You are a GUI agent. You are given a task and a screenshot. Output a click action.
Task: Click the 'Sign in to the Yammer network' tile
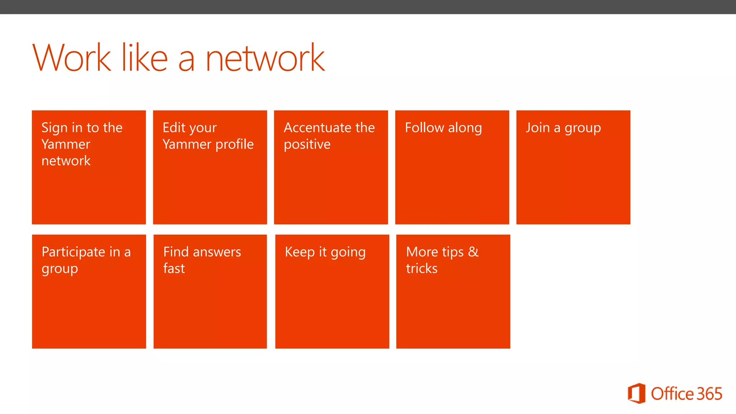pos(89,167)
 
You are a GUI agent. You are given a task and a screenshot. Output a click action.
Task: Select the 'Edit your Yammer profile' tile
pos(210,167)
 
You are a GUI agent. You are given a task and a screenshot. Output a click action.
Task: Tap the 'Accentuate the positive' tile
pos(331,167)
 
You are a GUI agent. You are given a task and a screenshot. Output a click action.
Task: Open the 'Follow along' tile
pos(452,167)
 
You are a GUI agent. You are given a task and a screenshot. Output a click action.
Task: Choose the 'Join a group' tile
pos(573,167)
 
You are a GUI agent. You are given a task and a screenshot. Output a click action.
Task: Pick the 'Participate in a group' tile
pos(89,291)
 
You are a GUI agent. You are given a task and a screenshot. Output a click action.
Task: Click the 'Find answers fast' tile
pos(210,291)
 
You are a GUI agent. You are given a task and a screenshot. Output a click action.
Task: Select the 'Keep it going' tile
pos(332,291)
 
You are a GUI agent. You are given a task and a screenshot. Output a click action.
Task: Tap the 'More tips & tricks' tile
pos(453,291)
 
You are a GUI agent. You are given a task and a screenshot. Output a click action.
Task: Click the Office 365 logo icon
pos(636,394)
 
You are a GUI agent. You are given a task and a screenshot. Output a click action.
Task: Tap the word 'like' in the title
pos(144,57)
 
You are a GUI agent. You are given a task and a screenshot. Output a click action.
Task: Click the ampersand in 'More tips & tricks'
pos(473,252)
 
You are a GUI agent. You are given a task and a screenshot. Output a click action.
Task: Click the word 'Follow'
pos(424,128)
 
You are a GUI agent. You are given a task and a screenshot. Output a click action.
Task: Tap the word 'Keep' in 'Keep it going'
pos(300,252)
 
